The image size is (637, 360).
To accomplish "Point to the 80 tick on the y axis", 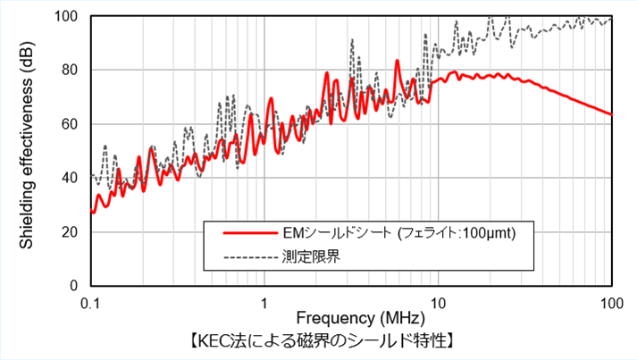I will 71,70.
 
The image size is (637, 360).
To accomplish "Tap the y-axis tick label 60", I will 71,124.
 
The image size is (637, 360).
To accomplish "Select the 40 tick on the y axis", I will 71,178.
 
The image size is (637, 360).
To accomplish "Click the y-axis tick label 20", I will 71,232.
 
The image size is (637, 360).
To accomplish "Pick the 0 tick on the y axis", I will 75,286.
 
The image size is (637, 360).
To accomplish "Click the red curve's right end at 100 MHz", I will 611,114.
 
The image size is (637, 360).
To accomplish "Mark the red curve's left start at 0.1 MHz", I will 91,212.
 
